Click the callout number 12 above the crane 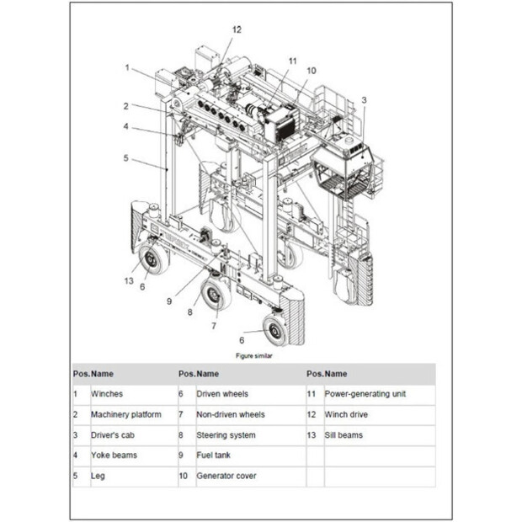237,29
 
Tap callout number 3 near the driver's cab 364,100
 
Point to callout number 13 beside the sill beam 129,280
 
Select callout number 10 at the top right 312,71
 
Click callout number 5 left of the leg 125,157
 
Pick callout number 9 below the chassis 169,301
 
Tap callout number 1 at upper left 127,67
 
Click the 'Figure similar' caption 253,355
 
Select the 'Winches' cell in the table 107,394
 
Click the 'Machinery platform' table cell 126,414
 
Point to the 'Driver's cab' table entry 114,435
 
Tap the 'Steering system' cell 225,435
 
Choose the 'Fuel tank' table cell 214,455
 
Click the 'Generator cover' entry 226,477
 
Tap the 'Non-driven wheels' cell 231,414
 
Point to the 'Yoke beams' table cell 114,455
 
